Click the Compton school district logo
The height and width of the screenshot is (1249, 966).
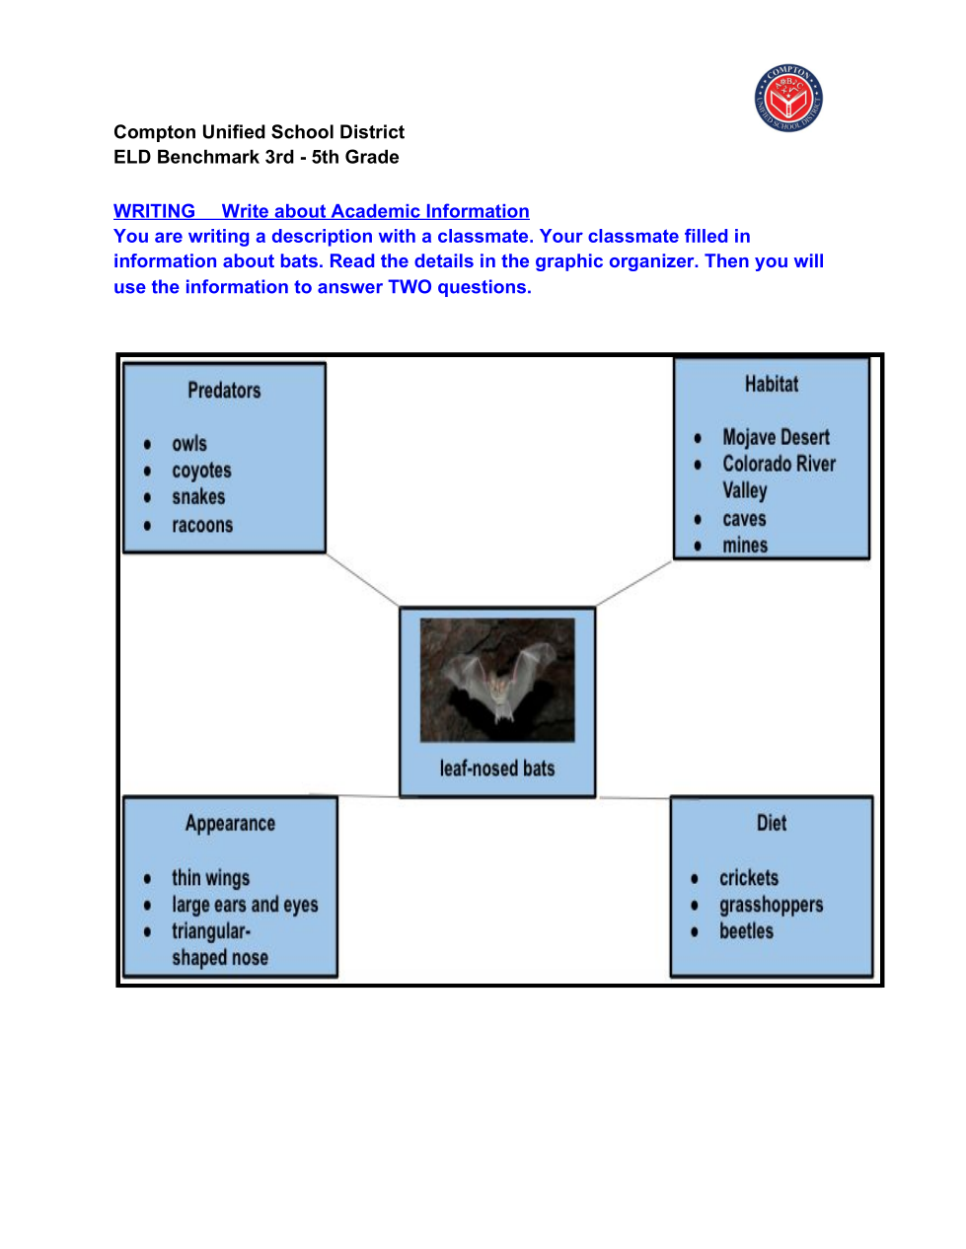pyautogui.click(x=788, y=99)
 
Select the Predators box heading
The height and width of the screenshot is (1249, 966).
pyautogui.click(x=224, y=391)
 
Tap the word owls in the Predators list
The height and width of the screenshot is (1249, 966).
pyautogui.click(x=189, y=444)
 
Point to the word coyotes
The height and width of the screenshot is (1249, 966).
pyautogui.click(x=201, y=471)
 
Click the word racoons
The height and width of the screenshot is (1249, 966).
pyautogui.click(x=202, y=525)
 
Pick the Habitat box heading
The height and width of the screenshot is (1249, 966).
pyautogui.click(x=771, y=384)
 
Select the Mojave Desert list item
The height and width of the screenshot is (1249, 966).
pyautogui.click(x=776, y=437)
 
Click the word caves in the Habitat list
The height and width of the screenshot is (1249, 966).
pyautogui.click(x=744, y=519)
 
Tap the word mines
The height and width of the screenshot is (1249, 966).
pyautogui.click(x=745, y=546)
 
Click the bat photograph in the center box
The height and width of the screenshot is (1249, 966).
pyautogui.click(x=497, y=680)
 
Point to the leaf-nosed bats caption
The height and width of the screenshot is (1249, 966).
pyautogui.click(x=497, y=769)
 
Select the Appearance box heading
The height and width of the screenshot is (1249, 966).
pyautogui.click(x=230, y=823)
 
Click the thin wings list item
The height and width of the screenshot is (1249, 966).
pyautogui.click(x=210, y=877)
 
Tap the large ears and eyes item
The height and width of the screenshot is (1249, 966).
pyautogui.click(x=245, y=905)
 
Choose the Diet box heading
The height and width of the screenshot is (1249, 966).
pyautogui.click(x=772, y=823)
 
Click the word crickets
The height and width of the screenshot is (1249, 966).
pyautogui.click(x=749, y=877)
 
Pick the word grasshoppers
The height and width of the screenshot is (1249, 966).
pyautogui.click(x=771, y=905)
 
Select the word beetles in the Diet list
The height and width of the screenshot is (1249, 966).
pyautogui.click(x=746, y=931)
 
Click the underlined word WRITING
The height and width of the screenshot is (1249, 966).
pyautogui.click(x=154, y=211)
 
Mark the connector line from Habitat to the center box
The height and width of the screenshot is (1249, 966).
pyautogui.click(x=634, y=583)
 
